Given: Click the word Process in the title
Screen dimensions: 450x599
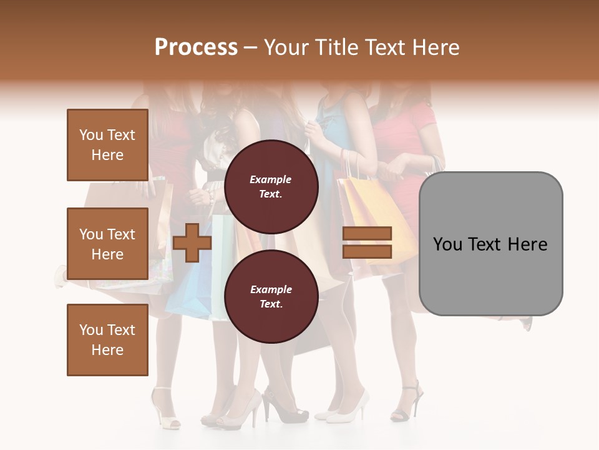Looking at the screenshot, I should pos(196,47).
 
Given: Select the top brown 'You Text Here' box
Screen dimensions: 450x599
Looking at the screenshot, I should pos(107,145).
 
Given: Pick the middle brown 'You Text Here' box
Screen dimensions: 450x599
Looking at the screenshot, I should pos(107,244).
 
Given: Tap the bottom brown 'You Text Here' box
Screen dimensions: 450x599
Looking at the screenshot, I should pos(107,340).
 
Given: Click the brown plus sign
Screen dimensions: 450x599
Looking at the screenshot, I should pos(192,242).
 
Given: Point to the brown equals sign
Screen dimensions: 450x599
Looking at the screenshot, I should pos(367,242).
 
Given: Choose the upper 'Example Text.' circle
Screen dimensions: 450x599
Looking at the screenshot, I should pos(271,186).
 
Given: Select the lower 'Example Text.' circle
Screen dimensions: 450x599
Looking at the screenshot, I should pos(271,296).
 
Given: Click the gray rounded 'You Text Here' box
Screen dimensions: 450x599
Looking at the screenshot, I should pos(490,244).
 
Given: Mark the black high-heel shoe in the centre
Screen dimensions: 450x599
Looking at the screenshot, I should pos(284,406).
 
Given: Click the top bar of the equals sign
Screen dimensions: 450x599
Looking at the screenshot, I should pos(367,234).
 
